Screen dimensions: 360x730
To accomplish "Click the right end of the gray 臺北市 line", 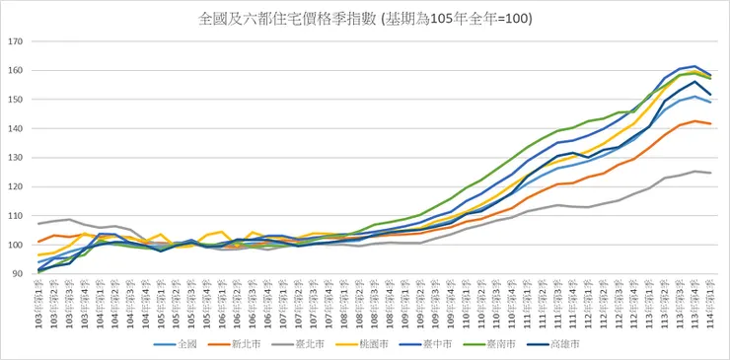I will [x=710, y=173].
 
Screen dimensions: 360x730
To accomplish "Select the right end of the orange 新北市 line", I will [x=710, y=123].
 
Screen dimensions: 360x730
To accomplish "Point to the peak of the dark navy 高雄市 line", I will [x=695, y=81].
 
